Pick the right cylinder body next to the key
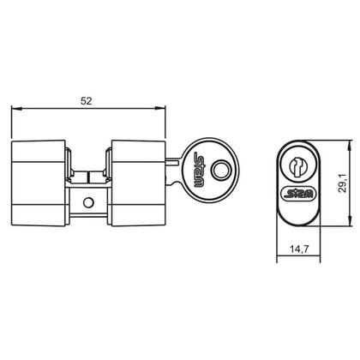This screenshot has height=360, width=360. click(135, 181)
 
